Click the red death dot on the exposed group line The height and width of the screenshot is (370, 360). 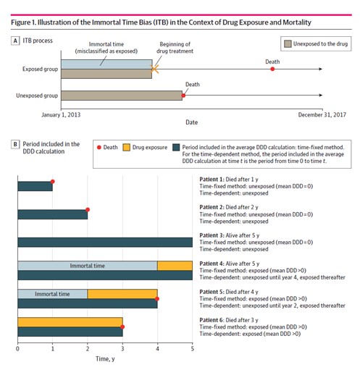272,69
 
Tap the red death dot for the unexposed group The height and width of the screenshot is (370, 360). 183,96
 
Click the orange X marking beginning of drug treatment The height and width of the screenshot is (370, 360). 154,69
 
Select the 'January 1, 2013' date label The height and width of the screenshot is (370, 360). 61,114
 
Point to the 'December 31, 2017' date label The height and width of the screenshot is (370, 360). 322,114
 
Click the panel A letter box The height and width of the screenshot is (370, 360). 15,41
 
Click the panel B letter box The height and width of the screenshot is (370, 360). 15,144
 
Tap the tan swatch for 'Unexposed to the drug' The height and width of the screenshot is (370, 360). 288,44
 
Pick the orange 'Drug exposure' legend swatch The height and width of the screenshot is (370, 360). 126,147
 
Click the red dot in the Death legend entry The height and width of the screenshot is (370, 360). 99,147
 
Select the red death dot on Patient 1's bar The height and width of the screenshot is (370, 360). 53,182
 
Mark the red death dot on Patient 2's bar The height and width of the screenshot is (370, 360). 88,210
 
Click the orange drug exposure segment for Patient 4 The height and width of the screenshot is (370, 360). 175,266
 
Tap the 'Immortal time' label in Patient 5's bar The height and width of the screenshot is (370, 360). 52,294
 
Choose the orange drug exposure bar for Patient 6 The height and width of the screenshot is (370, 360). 70,322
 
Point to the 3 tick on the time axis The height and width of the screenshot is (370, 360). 122,348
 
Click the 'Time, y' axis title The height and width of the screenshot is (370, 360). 105,359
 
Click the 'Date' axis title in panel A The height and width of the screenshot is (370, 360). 192,122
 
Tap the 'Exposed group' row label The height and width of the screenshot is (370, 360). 41,70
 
